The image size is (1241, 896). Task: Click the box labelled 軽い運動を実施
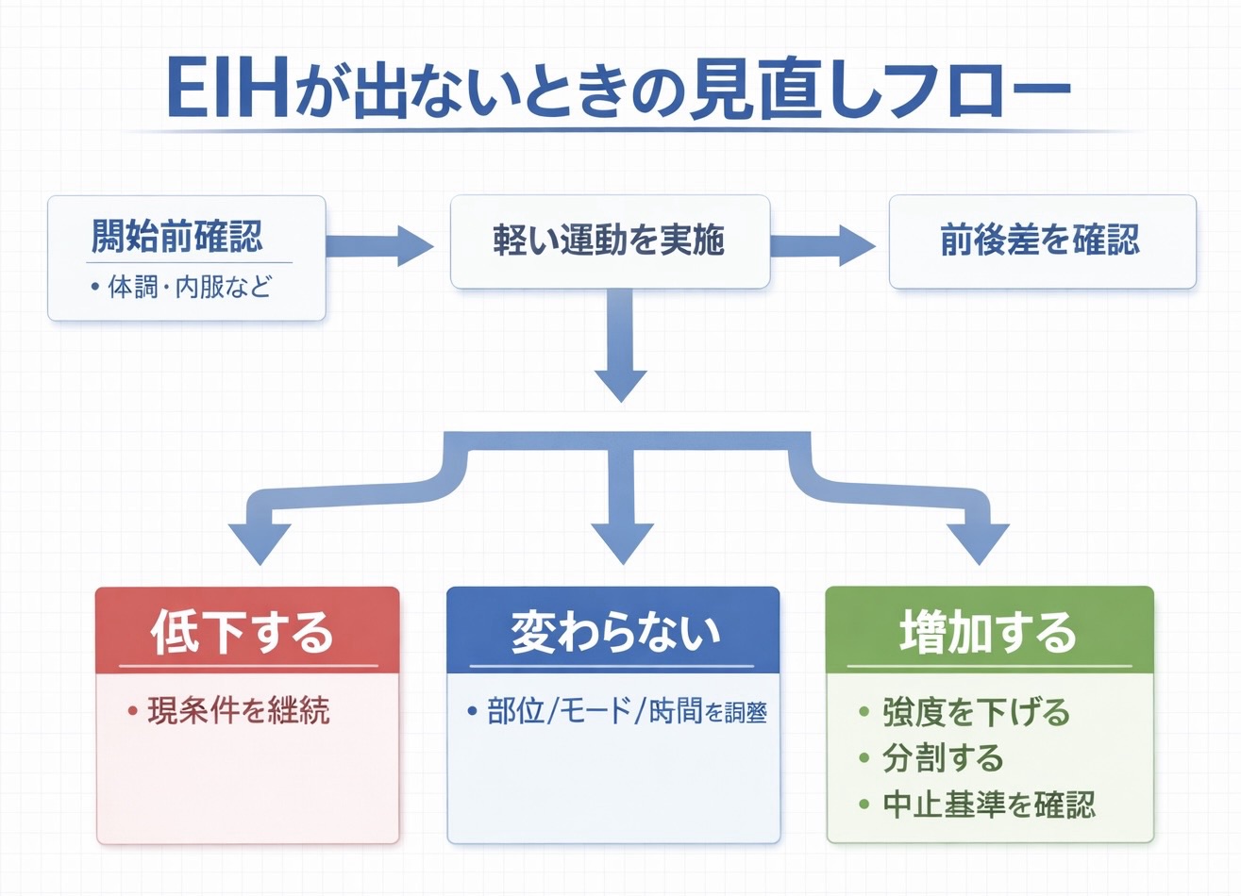610,241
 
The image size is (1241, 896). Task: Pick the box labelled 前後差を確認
1041,241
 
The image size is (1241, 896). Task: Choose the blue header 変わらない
613,631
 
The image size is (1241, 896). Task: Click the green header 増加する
989,631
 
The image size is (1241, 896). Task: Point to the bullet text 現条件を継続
238,710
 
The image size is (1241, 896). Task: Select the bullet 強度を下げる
975,711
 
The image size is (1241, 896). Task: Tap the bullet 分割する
942,757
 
